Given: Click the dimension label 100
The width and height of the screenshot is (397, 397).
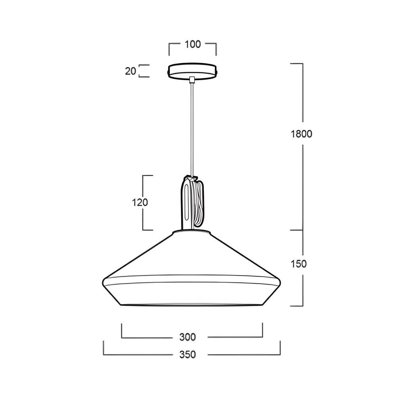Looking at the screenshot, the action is (193, 44).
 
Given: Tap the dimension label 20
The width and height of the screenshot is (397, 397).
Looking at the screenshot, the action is (130, 71).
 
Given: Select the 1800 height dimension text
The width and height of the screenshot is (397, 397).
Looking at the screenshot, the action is (301, 134).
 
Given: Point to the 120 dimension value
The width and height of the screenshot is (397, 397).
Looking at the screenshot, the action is (140, 202).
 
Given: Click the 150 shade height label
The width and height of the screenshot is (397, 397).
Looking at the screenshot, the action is (299, 264).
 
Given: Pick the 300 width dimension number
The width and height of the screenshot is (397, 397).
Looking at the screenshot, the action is (188, 337).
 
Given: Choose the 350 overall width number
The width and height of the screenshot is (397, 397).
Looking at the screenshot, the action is (188, 355).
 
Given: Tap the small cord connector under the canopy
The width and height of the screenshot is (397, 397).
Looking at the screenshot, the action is (192, 79).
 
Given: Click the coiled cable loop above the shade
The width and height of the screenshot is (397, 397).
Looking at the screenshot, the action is (198, 202).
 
